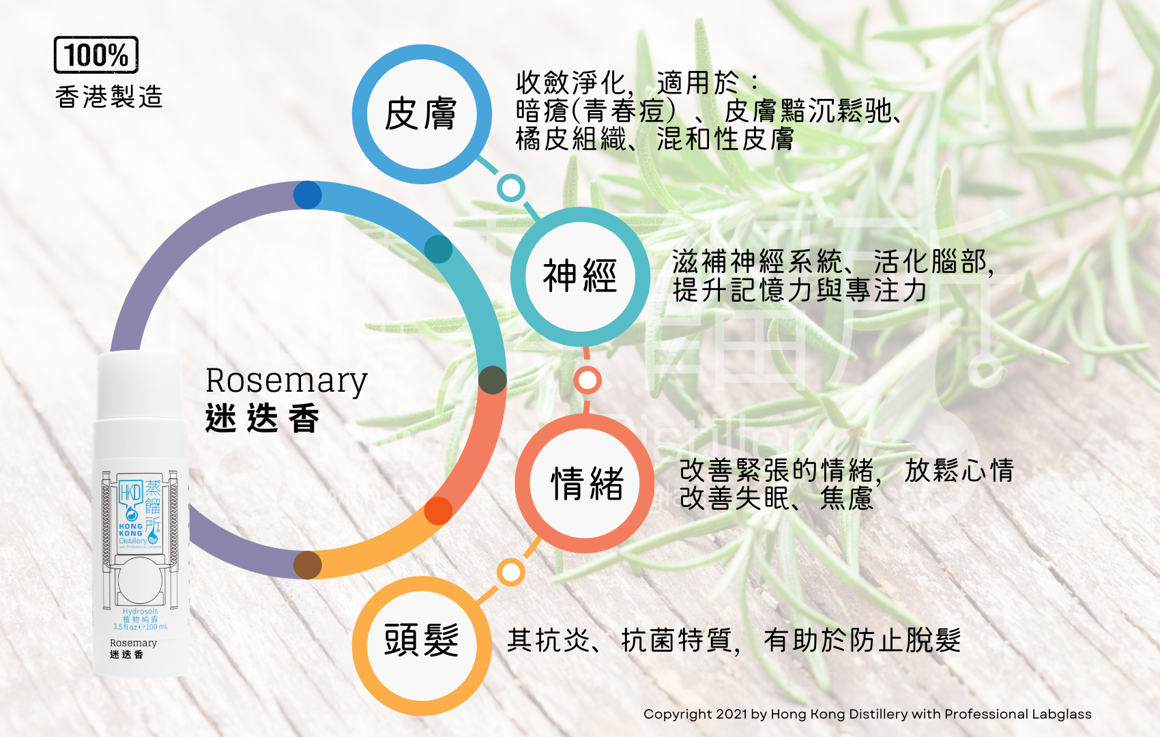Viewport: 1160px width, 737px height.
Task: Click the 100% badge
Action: (x=96, y=55)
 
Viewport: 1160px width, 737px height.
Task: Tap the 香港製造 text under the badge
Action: (x=109, y=97)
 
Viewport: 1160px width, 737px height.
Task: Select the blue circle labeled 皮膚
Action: (x=421, y=114)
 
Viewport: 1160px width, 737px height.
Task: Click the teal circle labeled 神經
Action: (x=580, y=276)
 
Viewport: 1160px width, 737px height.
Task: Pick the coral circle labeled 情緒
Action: (x=585, y=483)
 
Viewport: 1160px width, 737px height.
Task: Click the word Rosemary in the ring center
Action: (x=287, y=381)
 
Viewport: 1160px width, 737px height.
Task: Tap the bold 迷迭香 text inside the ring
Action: (x=263, y=418)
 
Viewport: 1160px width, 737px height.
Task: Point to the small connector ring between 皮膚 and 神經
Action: (x=510, y=188)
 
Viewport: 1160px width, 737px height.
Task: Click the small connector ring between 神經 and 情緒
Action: (x=587, y=380)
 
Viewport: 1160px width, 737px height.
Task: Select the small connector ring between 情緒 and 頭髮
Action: (x=510, y=573)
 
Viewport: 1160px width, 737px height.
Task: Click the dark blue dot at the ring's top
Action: (x=308, y=195)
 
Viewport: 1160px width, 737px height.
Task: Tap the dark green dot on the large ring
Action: (x=492, y=380)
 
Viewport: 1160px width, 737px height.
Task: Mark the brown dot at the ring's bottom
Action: (x=308, y=565)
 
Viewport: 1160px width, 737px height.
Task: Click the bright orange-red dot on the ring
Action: (x=438, y=510)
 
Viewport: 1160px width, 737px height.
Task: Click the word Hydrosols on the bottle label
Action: (x=140, y=611)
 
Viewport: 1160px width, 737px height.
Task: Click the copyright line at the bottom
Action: (x=867, y=714)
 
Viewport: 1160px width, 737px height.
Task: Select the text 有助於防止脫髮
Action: (x=862, y=640)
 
